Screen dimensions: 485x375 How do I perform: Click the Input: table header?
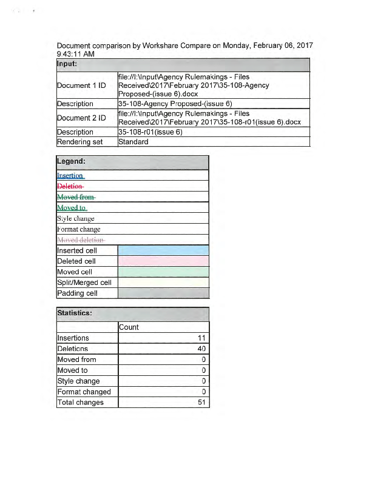(67, 64)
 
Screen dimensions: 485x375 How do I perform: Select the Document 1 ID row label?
(81, 85)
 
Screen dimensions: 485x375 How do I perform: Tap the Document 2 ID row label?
(81, 118)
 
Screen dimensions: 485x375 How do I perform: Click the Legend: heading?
(71, 162)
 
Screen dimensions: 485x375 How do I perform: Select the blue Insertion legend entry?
(70, 176)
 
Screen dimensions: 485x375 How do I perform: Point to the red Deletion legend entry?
(70, 186)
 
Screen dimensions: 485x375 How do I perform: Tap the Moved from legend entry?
(76, 197)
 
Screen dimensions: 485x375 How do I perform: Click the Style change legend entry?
(76, 219)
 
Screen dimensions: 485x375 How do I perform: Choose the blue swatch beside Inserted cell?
(163, 250)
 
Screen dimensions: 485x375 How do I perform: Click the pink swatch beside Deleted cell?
(163, 261)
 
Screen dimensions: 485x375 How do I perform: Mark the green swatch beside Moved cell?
(163, 272)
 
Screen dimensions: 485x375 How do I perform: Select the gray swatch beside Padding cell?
(163, 293)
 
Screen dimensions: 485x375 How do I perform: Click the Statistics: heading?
(75, 313)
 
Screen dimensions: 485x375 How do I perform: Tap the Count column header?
(129, 327)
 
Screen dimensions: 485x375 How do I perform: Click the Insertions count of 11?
(202, 338)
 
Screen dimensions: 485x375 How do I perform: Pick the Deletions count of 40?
(201, 349)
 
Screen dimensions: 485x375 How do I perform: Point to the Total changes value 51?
(202, 403)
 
